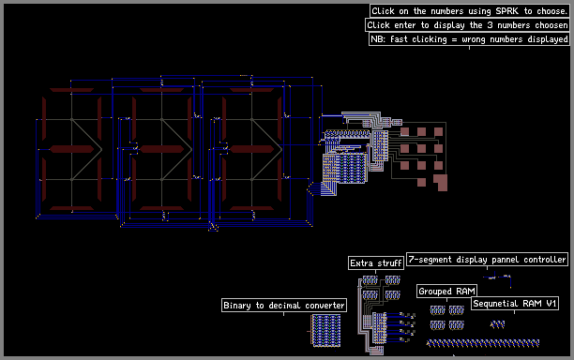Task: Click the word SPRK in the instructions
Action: point(507,11)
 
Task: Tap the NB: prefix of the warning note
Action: point(378,39)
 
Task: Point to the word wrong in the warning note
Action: point(474,40)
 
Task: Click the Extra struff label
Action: point(375,263)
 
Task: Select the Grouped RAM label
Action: point(446,292)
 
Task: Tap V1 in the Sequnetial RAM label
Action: point(551,304)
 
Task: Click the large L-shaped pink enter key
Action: point(442,183)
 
